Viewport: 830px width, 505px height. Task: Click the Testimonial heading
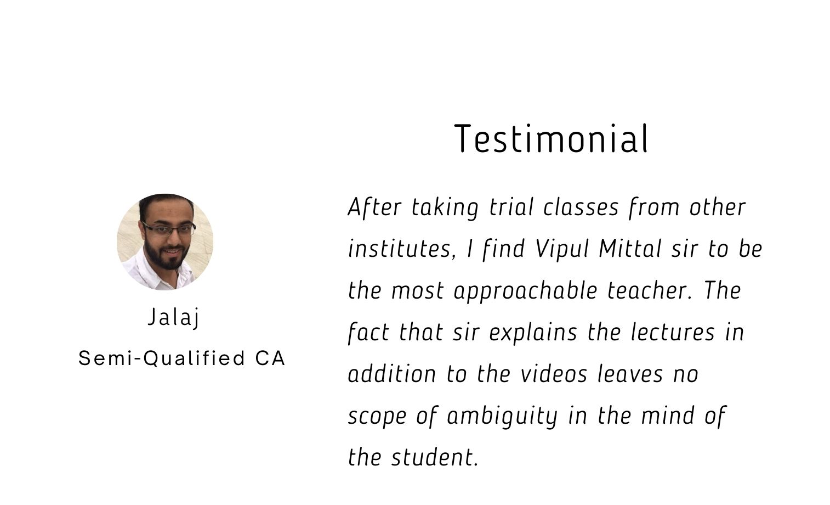(551, 138)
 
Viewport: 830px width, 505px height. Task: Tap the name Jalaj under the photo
(174, 317)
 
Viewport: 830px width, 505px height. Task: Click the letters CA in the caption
(270, 358)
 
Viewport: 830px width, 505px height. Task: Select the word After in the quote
(374, 207)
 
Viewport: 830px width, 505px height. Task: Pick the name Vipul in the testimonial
(562, 249)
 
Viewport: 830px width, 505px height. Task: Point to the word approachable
(526, 291)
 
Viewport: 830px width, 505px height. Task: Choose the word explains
(533, 333)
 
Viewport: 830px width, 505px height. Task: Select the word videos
(554, 374)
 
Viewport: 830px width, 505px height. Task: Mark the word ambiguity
(502, 416)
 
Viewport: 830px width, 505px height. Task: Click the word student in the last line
(435, 457)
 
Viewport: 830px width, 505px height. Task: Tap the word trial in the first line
(511, 207)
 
